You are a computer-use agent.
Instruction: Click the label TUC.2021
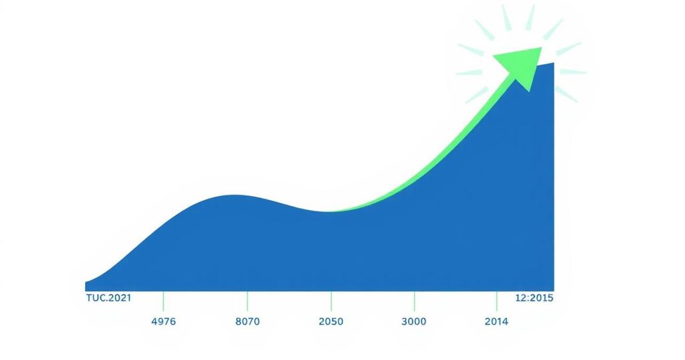pos(108,298)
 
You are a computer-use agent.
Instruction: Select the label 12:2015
pos(534,298)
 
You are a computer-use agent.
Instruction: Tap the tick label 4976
pos(163,322)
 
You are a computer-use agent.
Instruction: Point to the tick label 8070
pos(248,322)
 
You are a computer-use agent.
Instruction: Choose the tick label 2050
pos(330,322)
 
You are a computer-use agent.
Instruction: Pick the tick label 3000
pos(413,322)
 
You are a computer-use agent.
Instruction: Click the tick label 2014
pos(496,322)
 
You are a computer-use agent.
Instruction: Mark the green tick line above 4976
pos(163,302)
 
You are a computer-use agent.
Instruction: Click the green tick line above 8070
pos(248,302)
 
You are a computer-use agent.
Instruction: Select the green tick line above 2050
pos(331,302)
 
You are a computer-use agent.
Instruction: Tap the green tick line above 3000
pos(414,302)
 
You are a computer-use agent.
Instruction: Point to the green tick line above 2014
pos(497,302)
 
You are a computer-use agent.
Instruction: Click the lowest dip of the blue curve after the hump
pos(328,212)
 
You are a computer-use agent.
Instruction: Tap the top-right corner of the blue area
pos(554,62)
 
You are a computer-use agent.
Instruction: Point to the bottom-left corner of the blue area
pos(85,291)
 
